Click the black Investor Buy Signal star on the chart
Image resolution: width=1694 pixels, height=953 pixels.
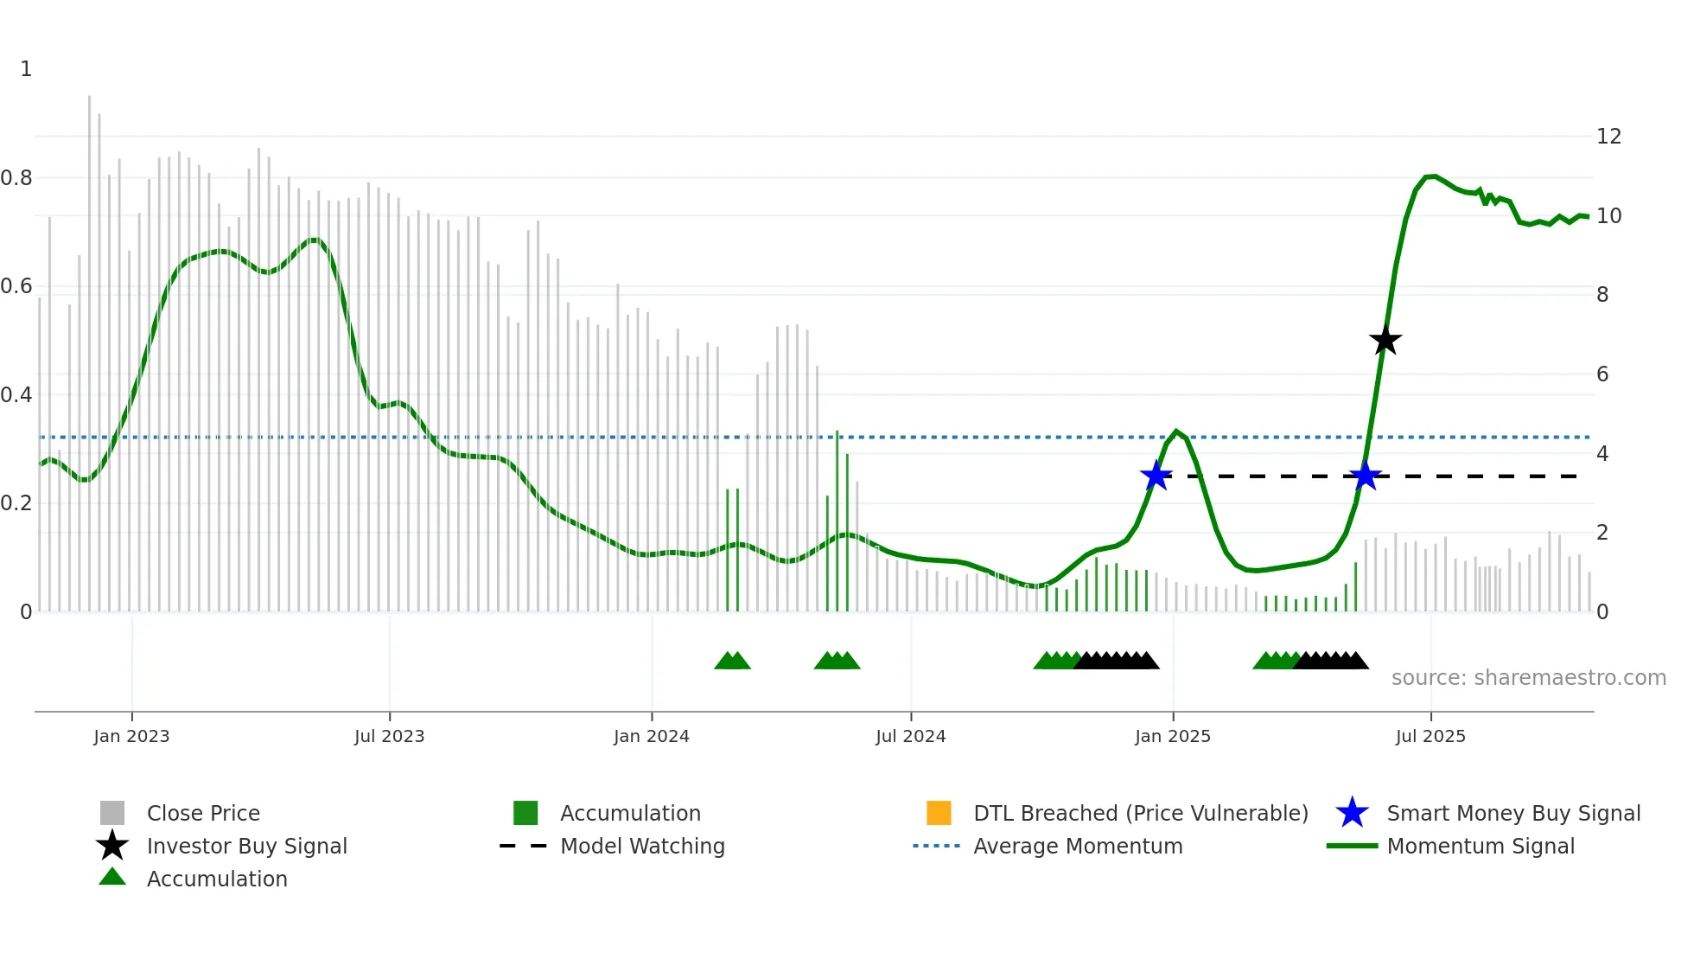click(1385, 341)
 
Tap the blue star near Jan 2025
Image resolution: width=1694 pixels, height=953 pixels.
click(1156, 476)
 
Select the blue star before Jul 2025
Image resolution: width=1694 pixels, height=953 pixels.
click(1365, 476)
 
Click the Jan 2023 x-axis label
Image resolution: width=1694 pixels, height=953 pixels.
click(131, 736)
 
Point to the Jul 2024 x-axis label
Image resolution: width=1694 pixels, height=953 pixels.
click(910, 736)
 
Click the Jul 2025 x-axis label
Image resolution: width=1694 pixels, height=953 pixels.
click(1430, 736)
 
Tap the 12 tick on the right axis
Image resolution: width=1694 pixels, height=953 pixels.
click(1608, 137)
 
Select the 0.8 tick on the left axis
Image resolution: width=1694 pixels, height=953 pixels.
click(16, 178)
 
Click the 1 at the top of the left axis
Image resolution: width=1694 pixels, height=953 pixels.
click(26, 69)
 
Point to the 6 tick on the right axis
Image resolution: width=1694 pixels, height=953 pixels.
click(1602, 374)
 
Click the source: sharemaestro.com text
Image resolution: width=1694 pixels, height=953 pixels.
click(1528, 678)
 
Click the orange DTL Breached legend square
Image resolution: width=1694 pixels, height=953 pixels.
click(939, 813)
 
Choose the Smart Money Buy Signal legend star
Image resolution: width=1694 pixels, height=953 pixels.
click(1352, 813)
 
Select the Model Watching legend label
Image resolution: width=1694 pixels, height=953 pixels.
click(642, 846)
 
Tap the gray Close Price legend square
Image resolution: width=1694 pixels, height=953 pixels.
click(112, 813)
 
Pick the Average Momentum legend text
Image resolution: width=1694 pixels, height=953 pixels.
click(1078, 846)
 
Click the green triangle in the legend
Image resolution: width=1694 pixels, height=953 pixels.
click(112, 878)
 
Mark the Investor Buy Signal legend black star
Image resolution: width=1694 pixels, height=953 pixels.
click(112, 846)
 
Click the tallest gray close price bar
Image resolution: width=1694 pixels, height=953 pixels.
click(89, 346)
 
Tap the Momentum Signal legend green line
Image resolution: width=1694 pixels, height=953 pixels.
click(1352, 846)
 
